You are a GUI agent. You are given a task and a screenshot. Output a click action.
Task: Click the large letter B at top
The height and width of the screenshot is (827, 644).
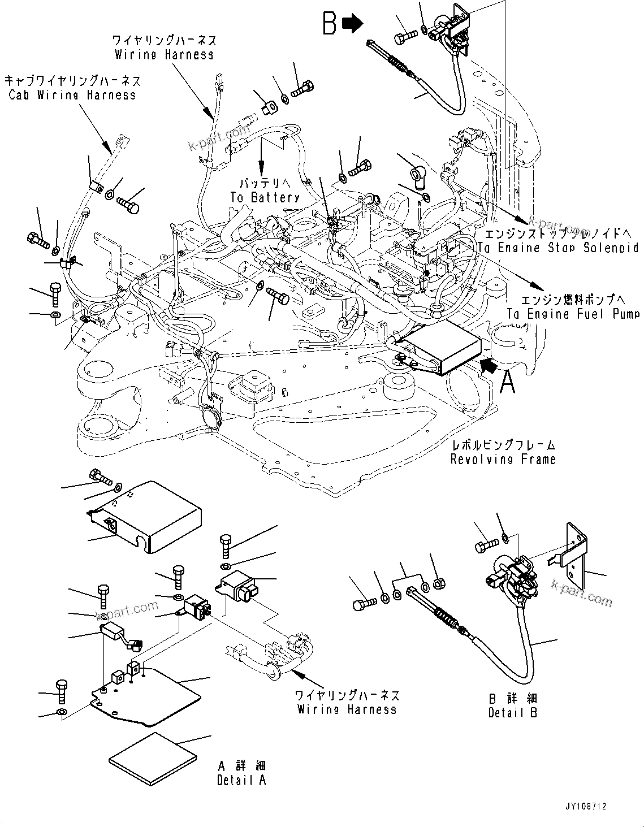tap(330, 24)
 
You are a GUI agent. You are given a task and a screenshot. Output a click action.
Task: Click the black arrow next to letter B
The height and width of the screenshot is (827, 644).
tap(353, 24)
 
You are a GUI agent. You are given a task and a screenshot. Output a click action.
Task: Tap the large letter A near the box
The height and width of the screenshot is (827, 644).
tap(508, 383)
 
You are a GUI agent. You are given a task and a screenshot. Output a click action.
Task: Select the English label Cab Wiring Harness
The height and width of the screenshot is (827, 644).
tap(72, 94)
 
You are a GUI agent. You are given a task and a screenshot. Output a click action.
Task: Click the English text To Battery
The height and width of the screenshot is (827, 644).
tap(265, 197)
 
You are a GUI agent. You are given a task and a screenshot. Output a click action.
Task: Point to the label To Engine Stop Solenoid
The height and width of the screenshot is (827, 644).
tap(557, 248)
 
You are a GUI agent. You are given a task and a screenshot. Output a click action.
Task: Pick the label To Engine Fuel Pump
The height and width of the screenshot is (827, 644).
tap(572, 314)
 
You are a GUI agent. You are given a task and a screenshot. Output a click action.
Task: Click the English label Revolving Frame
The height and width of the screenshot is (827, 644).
tap(503, 460)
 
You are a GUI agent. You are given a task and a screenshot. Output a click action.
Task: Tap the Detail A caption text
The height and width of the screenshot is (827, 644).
tap(241, 780)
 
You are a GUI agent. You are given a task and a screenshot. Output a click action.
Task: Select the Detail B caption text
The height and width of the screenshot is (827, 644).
tap(513, 713)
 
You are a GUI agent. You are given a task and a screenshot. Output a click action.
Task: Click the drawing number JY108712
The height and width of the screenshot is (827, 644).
tap(584, 807)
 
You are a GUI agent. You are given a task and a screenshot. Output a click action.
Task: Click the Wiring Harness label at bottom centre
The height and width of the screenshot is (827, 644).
tap(347, 709)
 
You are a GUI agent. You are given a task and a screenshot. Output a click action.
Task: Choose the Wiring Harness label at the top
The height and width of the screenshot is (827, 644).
tap(164, 54)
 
